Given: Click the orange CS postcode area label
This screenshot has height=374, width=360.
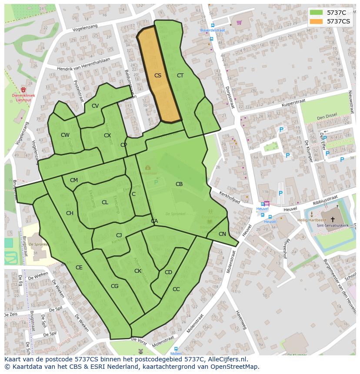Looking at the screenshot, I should (157, 76).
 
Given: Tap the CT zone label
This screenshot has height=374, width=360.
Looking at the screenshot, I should (180, 76).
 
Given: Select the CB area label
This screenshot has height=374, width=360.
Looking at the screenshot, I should (179, 184).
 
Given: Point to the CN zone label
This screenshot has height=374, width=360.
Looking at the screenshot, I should (222, 234).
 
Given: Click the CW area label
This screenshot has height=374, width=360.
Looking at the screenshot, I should (65, 135).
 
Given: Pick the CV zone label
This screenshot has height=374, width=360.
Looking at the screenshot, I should (95, 106).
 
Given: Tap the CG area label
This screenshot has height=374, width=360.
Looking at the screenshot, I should (114, 286).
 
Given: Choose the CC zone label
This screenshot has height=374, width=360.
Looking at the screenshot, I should (176, 289).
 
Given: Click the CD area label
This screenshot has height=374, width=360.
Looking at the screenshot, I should (168, 272).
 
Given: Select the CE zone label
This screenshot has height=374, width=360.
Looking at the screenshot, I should (79, 268).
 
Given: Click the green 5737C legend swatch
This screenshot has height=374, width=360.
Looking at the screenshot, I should (316, 13).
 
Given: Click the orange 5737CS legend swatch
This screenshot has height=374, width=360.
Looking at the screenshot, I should (316, 21).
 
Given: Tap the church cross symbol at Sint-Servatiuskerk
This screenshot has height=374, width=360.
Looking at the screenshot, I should (333, 220).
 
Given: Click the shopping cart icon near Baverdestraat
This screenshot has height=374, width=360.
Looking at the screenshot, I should (239, 23).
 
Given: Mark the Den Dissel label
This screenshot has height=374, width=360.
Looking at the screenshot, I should (327, 117).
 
